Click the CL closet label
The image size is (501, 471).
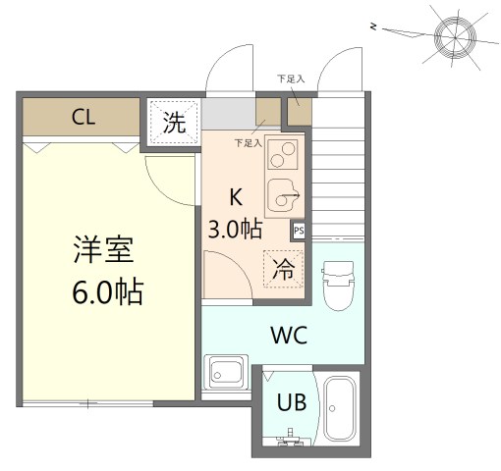[83, 118]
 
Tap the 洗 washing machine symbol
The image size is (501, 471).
[174, 123]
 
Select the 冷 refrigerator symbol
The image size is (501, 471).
[283, 268]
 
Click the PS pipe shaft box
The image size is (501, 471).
[298, 232]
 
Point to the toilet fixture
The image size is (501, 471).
[336, 285]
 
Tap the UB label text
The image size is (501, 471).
[291, 401]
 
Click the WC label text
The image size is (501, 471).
[289, 335]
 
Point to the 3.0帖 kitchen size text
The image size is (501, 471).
[235, 230]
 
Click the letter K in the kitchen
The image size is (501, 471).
[236, 195]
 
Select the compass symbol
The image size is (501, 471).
[456, 35]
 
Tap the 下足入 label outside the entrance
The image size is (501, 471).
[290, 78]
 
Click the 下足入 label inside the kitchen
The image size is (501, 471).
[249, 142]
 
